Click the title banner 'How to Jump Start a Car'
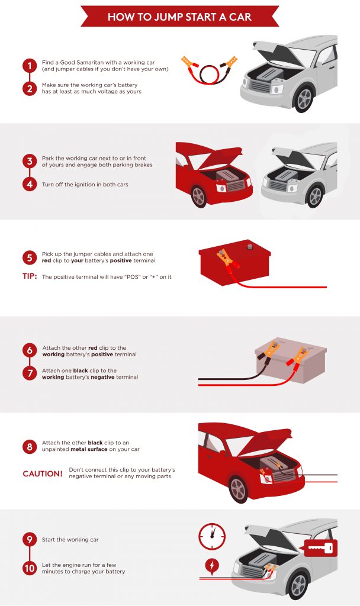click(180, 17)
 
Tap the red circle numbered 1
click(30, 66)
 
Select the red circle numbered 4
click(30, 185)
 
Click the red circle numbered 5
click(30, 257)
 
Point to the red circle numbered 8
click(30, 446)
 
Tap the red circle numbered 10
click(30, 568)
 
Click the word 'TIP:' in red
click(30, 276)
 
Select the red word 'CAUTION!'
click(43, 473)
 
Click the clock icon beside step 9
click(212, 536)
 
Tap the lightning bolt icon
click(211, 566)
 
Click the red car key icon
click(320, 548)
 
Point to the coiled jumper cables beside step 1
click(209, 70)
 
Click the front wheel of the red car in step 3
click(199, 196)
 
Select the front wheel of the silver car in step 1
click(304, 99)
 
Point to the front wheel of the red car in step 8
click(237, 488)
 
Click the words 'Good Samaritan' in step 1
click(81, 62)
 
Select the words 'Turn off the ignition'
click(66, 185)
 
